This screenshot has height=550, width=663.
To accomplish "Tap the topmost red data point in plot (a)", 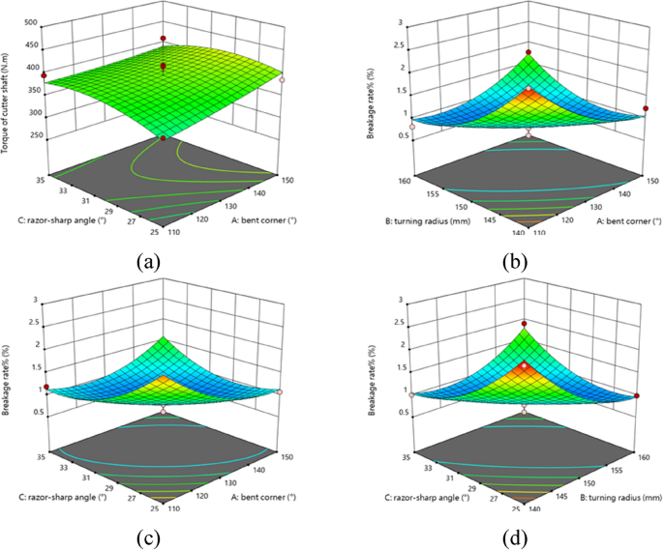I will click(163, 39).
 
